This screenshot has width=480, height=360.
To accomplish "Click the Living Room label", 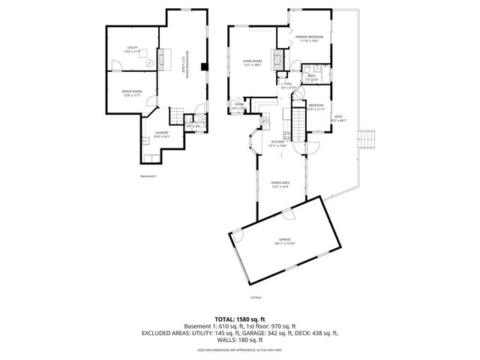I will (251, 63).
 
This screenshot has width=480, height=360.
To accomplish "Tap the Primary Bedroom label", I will (309, 39).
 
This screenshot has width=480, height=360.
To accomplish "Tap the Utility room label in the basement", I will (132, 49).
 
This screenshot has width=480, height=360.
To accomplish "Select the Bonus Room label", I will (132, 93).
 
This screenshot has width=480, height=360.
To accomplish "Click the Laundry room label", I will (162, 135).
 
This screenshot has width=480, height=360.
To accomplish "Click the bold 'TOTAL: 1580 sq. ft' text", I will (240, 319).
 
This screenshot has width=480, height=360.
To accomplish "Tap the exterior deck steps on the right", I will (367, 139).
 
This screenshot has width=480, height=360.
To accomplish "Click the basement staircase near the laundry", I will (178, 115).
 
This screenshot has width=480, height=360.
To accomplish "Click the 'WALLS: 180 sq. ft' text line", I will (240, 339).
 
